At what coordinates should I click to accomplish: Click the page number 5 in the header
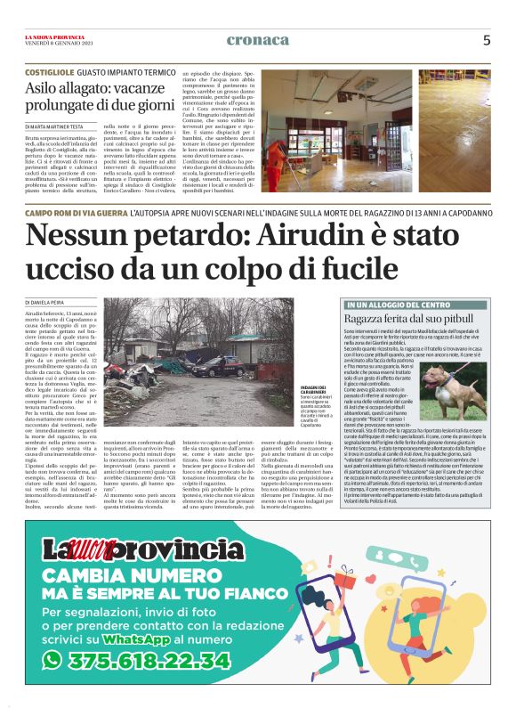click(487, 40)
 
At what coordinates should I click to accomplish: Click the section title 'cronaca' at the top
click(258, 40)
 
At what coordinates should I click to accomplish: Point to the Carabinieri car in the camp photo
click(213, 365)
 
